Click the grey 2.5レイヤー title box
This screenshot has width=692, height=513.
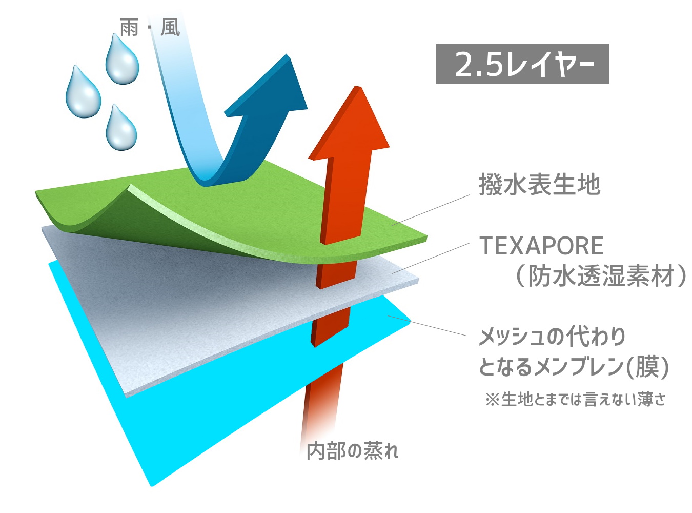(x=522, y=64)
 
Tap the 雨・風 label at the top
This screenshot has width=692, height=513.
(x=150, y=28)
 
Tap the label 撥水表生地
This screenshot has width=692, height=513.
(x=539, y=185)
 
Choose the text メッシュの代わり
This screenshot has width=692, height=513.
(x=552, y=337)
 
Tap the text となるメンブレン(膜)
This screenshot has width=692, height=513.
(x=574, y=367)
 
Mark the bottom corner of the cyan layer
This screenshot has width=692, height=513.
(x=152, y=486)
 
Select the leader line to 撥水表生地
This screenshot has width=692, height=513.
(x=431, y=209)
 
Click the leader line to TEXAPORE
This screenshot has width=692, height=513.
(x=431, y=258)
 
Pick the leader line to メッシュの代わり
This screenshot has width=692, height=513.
(x=427, y=326)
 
